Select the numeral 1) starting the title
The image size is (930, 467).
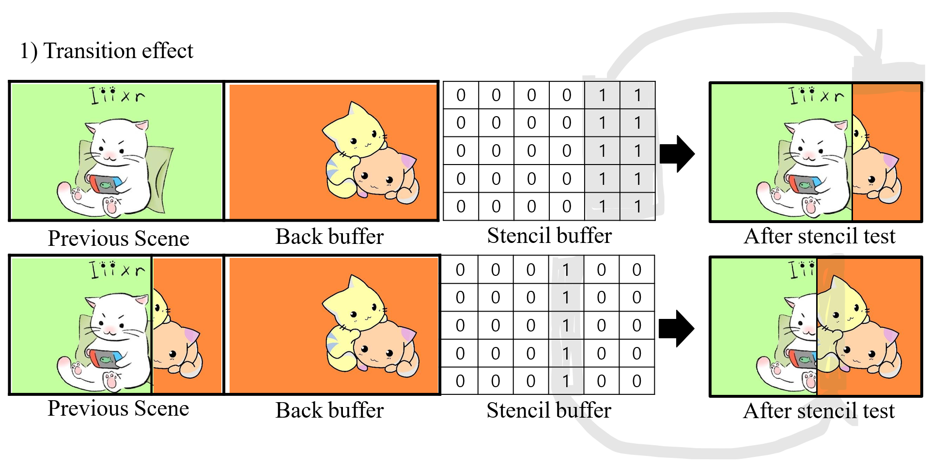pos(28,51)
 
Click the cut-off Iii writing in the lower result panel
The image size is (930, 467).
pos(802,269)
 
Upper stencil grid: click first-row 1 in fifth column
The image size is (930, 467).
pos(602,95)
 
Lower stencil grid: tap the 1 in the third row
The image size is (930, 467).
pos(566,326)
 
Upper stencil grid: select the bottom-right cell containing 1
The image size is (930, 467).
pos(637,207)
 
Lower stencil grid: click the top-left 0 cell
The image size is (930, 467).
pos(460,270)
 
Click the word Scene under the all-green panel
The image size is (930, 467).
pos(162,238)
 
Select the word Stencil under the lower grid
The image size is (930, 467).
pos(516,410)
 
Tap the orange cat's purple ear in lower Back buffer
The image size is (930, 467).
pos(407,334)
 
